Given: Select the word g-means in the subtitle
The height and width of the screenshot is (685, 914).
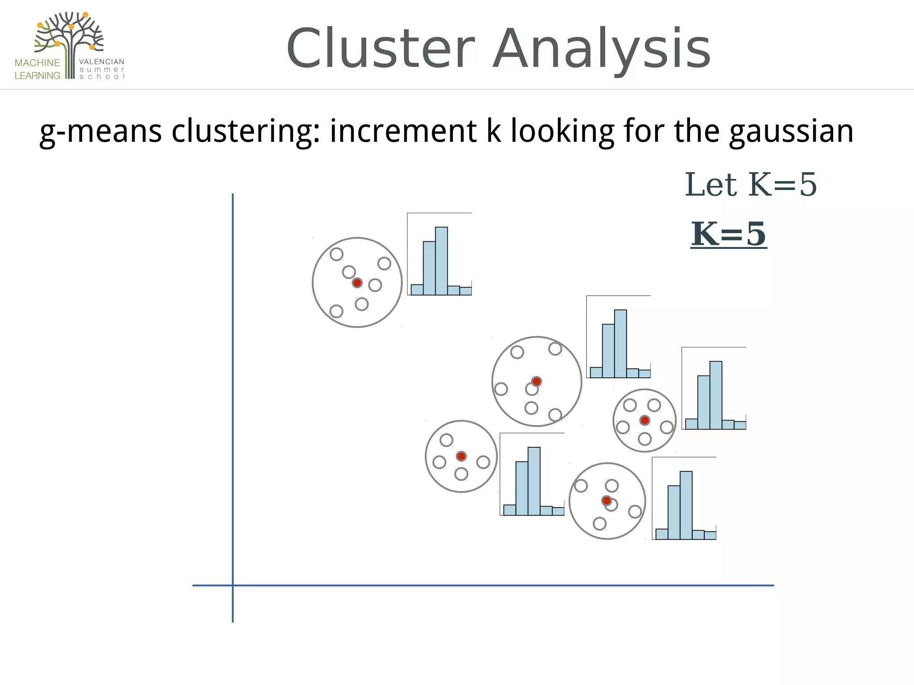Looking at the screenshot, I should tap(100, 132).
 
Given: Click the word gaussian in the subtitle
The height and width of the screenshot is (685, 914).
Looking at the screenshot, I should tap(791, 132).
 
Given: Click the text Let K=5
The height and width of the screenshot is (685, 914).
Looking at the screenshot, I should tap(751, 185).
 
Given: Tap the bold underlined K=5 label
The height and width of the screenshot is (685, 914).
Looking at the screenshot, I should tap(729, 234).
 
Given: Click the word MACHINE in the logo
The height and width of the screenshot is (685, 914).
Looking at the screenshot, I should tap(37, 63).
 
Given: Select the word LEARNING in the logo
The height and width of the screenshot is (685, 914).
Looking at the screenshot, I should tap(37, 76).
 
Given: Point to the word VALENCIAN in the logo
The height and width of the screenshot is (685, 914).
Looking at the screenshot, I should tap(102, 62).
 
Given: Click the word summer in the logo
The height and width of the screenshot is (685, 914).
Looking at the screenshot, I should tap(102, 70).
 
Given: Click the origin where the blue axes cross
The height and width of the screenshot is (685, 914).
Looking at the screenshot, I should tap(233, 585).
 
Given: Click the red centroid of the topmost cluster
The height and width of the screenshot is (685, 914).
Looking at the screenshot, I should tap(357, 283).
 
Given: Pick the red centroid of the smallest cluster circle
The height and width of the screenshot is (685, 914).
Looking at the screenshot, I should tap(644, 420).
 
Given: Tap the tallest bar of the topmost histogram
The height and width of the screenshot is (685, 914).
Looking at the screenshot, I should tap(441, 261).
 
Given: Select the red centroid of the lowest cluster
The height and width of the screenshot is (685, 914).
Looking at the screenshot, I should tap(607, 501).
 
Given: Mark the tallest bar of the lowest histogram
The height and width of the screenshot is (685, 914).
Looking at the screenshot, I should tap(686, 505).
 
